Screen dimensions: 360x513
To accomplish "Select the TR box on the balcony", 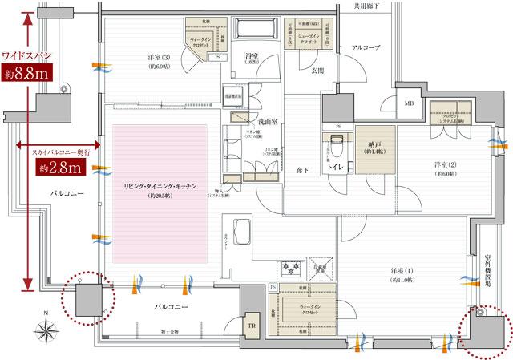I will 251,326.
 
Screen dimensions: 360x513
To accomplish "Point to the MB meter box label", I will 409,103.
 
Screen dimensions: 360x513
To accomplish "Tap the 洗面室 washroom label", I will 267,123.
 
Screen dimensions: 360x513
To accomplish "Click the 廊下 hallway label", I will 301,170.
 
